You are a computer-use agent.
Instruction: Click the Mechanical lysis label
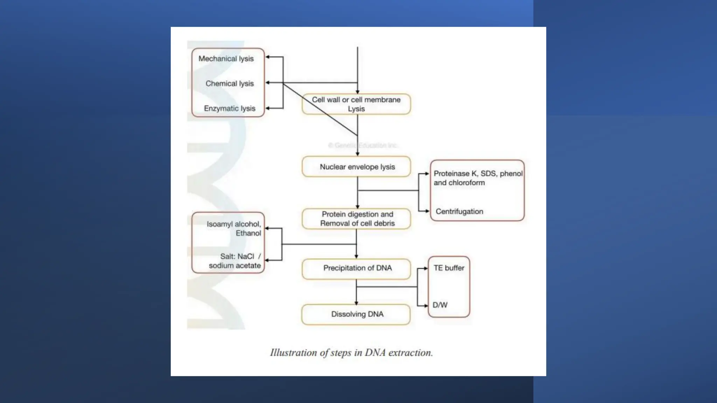pos(226,59)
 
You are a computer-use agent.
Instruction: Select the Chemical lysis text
pos(229,84)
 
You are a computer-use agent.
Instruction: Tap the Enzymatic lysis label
pos(229,108)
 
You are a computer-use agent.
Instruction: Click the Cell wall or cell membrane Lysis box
pos(356,104)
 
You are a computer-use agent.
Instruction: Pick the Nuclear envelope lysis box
pos(356,167)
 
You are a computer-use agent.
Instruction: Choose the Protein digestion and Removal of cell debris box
pos(356,219)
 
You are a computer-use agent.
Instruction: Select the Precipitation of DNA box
pos(356,268)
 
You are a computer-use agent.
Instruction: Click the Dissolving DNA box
pos(356,314)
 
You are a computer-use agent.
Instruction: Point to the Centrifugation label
pos(459,211)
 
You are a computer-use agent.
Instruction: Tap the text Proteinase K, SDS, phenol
pos(478,174)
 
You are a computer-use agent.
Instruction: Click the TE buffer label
pos(448,268)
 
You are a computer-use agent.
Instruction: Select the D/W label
pos(440,305)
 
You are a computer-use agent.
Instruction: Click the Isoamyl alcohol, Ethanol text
pos(234,228)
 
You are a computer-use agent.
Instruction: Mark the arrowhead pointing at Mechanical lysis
pos(267,57)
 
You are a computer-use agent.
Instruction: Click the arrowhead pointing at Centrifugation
pos(427,211)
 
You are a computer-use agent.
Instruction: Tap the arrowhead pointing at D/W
pos(426,306)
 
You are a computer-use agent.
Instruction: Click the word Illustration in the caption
pos(293,353)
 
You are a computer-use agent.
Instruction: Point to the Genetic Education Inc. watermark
pos(363,145)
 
